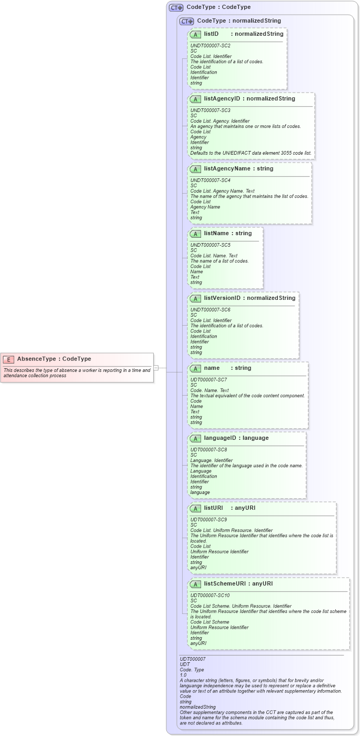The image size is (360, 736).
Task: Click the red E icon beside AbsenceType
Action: pos(8,359)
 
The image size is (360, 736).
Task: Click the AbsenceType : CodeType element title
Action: pos(54,359)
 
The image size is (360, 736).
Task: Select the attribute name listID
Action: pos(211,34)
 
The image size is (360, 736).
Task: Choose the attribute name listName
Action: pos(216,233)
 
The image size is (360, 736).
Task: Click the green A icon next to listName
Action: pos(195,234)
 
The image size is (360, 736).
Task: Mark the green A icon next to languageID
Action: pos(195,438)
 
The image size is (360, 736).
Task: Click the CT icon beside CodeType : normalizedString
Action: pos(187,21)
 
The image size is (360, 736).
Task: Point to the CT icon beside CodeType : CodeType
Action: pos(176,7)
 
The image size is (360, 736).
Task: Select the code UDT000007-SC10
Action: pos(210,596)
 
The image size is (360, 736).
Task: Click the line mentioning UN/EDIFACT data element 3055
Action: pos(251,153)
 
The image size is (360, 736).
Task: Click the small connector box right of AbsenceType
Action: pos(156,368)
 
